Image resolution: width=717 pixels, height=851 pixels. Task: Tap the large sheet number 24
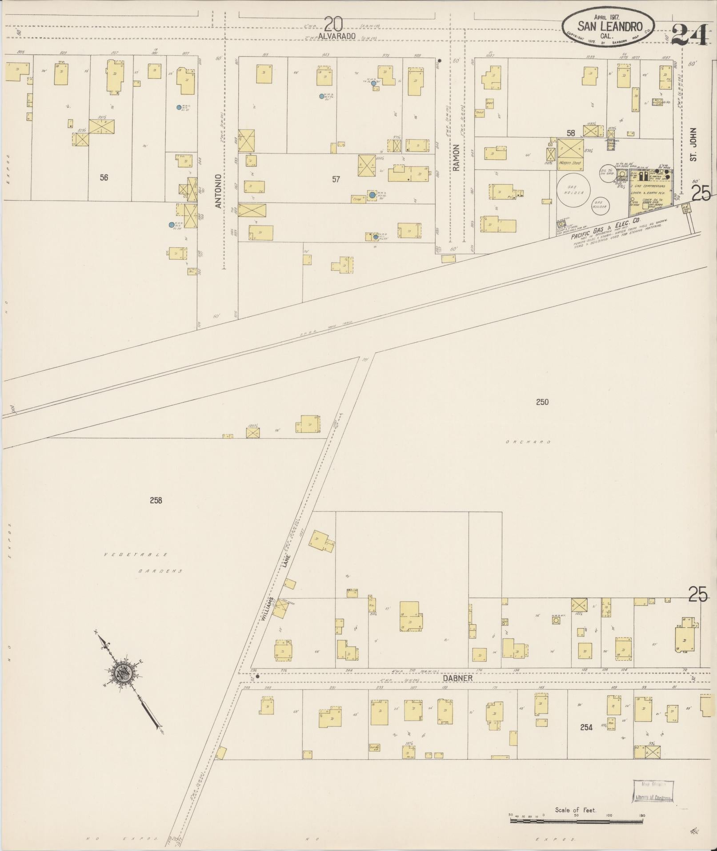click(x=689, y=35)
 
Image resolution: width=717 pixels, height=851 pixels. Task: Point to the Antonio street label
click(x=218, y=191)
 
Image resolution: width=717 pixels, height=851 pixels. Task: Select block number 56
click(x=104, y=177)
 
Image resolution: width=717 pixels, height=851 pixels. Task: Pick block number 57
click(x=336, y=179)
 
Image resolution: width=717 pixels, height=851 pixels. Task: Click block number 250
click(x=542, y=402)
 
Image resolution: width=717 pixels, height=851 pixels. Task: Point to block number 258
click(x=156, y=500)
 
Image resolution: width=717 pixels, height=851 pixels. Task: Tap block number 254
click(x=586, y=727)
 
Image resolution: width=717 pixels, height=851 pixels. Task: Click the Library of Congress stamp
click(x=653, y=791)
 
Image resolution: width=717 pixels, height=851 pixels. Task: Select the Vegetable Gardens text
click(x=142, y=563)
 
